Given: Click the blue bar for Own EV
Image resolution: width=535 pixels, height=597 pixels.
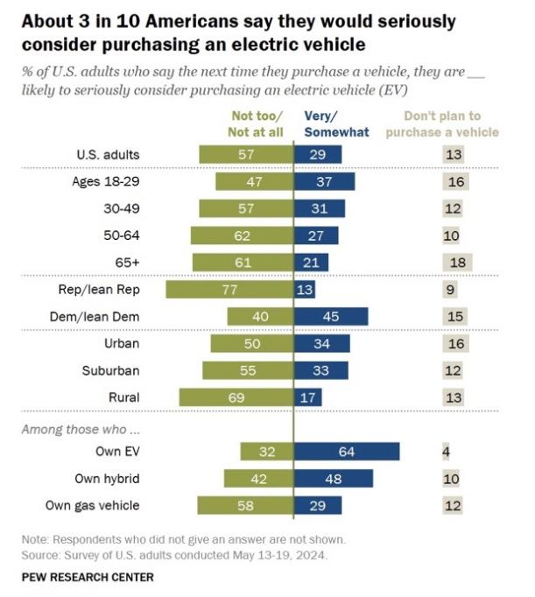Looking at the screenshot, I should point(347,452).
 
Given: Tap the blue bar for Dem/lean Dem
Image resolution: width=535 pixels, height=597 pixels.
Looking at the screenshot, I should point(331,317).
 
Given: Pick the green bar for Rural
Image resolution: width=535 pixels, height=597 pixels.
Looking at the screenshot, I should point(236,397).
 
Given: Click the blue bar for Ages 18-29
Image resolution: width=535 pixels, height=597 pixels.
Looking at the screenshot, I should point(324,182).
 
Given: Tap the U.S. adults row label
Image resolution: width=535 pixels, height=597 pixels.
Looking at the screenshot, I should point(109,156).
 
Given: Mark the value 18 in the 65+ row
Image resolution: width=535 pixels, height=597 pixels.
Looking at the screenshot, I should point(454,263).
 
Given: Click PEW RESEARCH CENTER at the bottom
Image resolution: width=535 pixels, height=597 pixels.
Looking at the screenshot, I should point(88,577).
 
